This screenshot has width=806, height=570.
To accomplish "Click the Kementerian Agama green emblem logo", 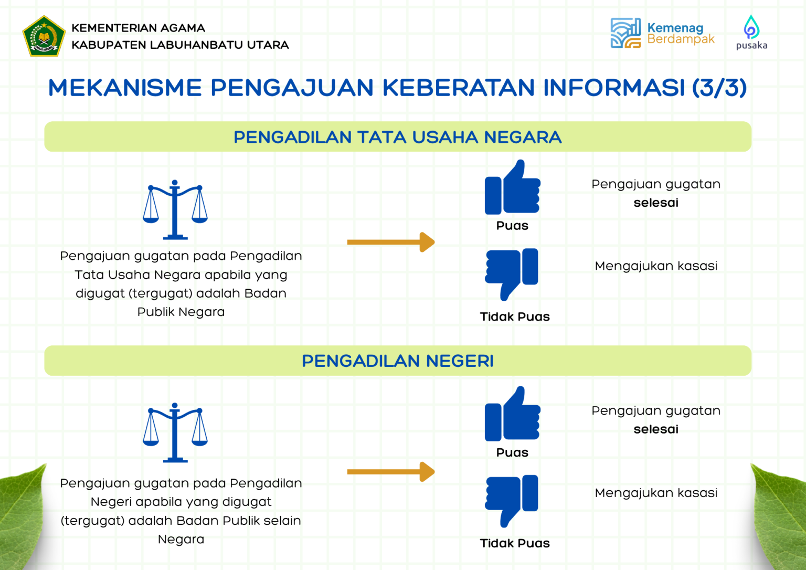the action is (x=44, y=36).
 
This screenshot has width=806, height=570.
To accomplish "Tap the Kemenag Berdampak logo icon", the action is (x=625, y=33).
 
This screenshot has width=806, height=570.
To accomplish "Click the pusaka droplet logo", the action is (x=751, y=27).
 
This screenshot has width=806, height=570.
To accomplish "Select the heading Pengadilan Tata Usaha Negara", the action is (x=398, y=137).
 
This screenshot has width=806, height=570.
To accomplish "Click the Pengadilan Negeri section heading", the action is (x=398, y=361).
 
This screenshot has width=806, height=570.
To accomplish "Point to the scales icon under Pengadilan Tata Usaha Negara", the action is (x=175, y=209).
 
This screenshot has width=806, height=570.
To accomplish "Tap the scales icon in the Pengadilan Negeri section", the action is (x=175, y=432).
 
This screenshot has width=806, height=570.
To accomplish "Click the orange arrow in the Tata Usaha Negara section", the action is (x=391, y=242).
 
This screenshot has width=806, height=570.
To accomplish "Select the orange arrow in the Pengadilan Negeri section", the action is (x=391, y=472).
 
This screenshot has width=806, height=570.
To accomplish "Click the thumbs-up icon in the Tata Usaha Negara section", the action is (x=512, y=187).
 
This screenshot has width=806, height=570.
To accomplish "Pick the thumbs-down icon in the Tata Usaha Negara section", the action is (x=512, y=275).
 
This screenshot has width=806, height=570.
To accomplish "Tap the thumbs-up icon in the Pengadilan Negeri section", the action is (x=512, y=414).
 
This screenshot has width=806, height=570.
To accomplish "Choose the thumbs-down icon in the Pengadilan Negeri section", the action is (x=512, y=501).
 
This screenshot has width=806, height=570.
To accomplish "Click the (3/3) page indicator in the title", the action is (x=719, y=88).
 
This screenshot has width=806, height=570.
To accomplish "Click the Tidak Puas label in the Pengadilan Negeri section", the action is (x=515, y=543).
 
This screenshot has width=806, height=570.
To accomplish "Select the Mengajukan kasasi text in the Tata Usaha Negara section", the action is (x=656, y=266).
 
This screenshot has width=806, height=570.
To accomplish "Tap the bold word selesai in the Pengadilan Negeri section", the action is (x=656, y=429).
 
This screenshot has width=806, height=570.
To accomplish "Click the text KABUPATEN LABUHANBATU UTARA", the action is (x=180, y=45).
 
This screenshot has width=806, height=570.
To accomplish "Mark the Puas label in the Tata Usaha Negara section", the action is (x=512, y=226).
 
